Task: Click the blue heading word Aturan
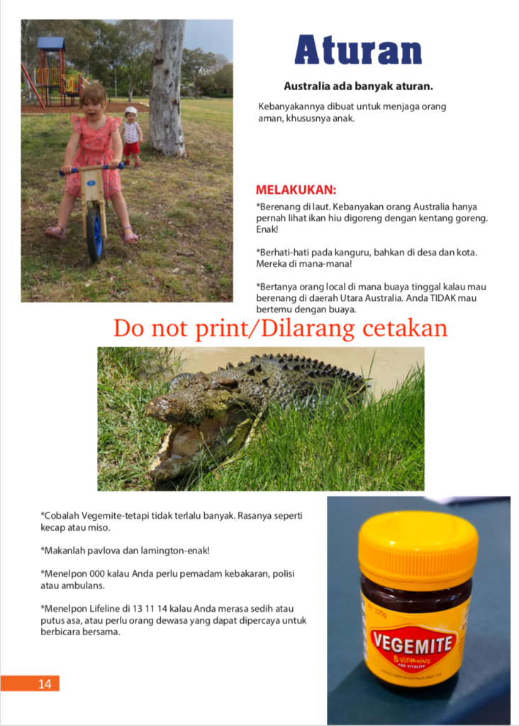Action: coord(358,50)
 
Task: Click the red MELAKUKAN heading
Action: coord(296,190)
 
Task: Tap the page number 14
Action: coord(45,684)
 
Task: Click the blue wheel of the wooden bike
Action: coord(94,233)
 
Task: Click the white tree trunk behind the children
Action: coord(168,85)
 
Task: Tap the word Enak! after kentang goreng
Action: coord(267,229)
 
